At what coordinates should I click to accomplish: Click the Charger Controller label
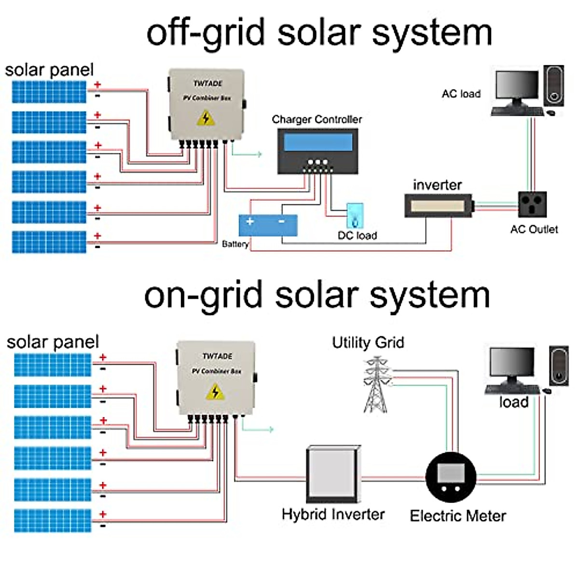coord(317,119)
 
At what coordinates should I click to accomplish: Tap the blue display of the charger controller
coord(318,142)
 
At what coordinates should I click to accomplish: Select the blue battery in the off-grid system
coord(268,225)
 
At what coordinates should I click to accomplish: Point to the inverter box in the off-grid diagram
coord(438,206)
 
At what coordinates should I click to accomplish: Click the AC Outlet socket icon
coord(532,205)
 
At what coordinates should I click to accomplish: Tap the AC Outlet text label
coord(534,229)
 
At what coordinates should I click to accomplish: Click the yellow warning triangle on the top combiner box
coord(206,118)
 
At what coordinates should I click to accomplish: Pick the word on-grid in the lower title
coord(203,295)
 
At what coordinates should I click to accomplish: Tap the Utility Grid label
coord(368,343)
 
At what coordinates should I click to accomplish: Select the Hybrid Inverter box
coord(333,475)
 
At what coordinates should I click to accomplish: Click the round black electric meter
coord(451,477)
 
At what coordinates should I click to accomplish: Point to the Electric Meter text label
coord(457,516)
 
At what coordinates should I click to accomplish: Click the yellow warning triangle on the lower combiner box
coord(215,392)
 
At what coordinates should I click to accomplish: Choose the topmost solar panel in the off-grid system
coord(49,92)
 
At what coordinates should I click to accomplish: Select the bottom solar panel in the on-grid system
coord(53,521)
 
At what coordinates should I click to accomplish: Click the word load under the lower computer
coord(513,402)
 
